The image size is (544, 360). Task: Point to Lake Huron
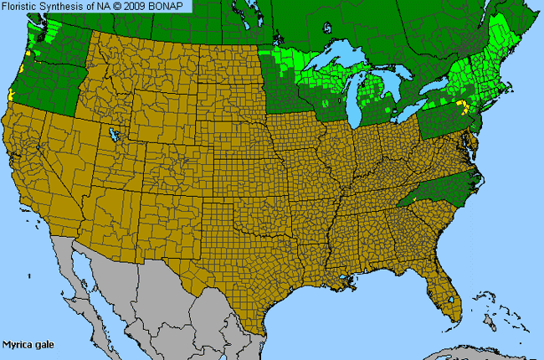pyautogui.click(x=388, y=79)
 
